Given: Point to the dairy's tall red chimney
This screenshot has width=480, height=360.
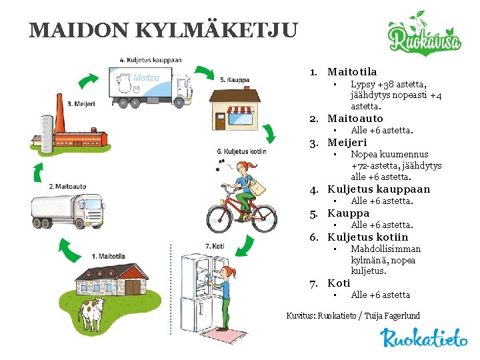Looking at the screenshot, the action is click(60, 119).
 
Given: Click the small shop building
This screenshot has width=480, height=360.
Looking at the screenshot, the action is click(235, 105).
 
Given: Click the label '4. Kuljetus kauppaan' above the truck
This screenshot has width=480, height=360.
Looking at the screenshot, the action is click(151, 59).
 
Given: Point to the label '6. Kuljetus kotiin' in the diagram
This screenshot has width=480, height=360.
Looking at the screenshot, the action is click(242, 151).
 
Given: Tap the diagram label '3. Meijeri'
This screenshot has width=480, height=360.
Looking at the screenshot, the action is click(85, 103).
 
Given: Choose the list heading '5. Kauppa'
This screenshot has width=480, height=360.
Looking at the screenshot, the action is click(348, 213).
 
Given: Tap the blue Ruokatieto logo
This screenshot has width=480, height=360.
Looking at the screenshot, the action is click(424, 339).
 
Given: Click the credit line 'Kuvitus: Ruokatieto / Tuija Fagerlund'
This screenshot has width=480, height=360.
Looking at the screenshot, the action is click(353, 315).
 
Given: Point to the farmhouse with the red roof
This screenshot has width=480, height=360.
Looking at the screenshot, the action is click(110, 279).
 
